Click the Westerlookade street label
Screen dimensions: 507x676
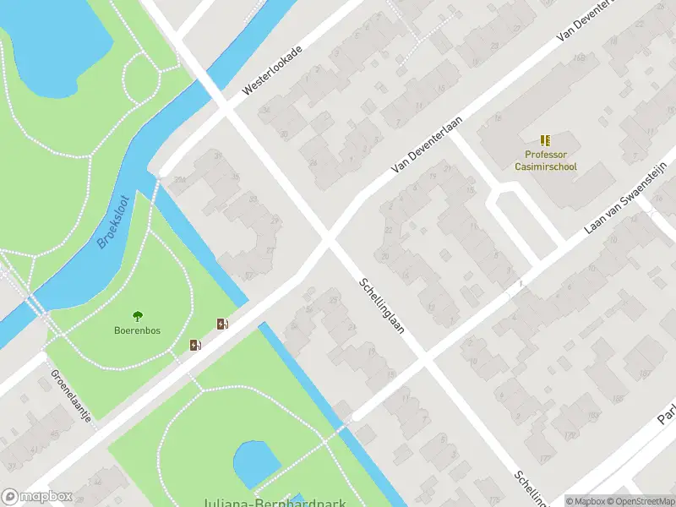pyautogui.click(x=272, y=69)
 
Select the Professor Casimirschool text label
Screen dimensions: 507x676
pyautogui.click(x=545, y=161)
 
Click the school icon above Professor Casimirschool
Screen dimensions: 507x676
pyautogui.click(x=545, y=140)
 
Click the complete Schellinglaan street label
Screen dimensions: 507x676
pyautogui.click(x=381, y=306)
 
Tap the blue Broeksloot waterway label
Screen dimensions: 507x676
pyautogui.click(x=112, y=222)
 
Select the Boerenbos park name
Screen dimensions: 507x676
pyautogui.click(x=138, y=330)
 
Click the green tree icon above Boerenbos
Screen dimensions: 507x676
pyautogui.click(x=138, y=316)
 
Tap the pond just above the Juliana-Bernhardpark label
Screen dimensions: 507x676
pyautogui.click(x=255, y=464)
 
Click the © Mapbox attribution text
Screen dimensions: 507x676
pyautogui.click(x=586, y=501)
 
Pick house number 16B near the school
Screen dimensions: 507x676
pyautogui.click(x=578, y=58)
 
